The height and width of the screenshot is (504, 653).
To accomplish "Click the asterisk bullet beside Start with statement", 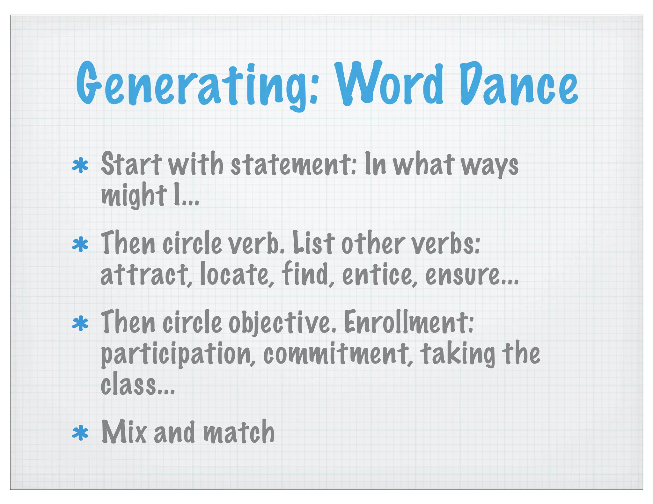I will [x=80, y=166].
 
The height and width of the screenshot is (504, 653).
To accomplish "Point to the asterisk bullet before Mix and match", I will [x=80, y=433].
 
